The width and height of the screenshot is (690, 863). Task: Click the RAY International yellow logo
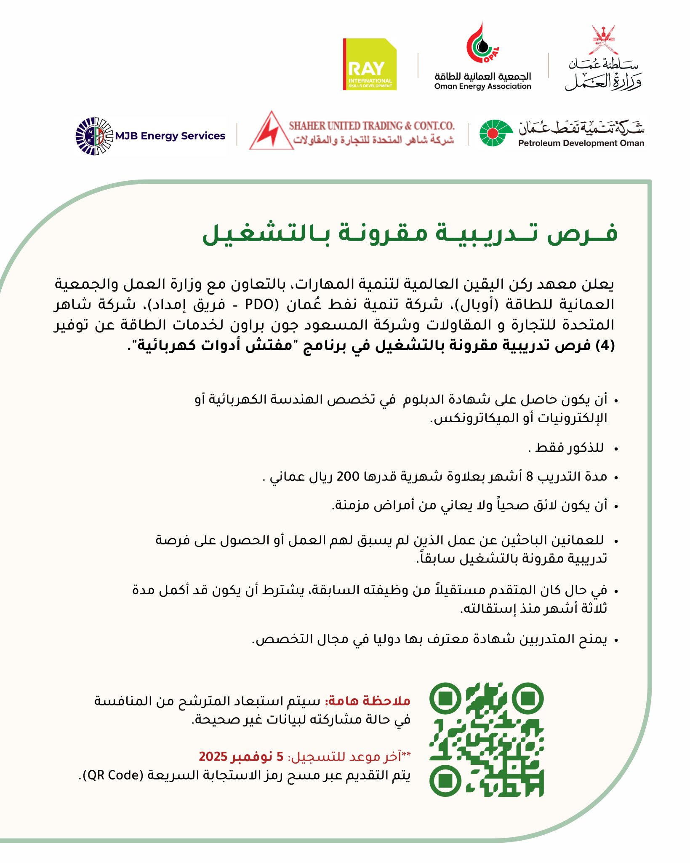click(x=370, y=64)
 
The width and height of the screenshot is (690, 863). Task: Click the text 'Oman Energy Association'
click(x=482, y=86)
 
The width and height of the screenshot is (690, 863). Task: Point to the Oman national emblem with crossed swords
click(x=604, y=40)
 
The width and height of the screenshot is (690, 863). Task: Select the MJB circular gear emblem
click(x=94, y=136)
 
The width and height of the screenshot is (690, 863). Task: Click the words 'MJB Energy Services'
click(x=170, y=136)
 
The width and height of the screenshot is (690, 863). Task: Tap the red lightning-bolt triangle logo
click(x=271, y=132)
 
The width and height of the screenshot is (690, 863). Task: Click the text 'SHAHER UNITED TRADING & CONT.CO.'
click(x=371, y=126)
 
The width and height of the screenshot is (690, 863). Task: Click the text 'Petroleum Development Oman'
click(x=581, y=143)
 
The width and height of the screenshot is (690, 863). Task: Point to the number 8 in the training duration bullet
click(x=529, y=477)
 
